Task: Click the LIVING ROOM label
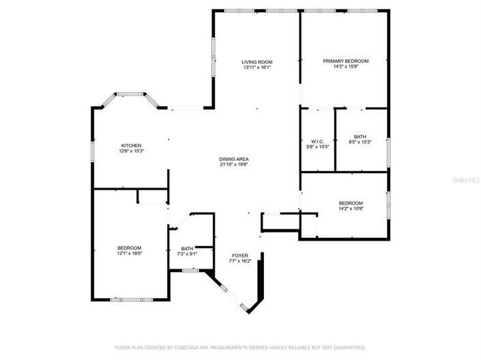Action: [257, 62]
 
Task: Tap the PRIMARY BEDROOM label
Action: [345, 61]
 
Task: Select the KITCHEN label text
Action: [131, 145]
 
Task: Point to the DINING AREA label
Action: [233, 159]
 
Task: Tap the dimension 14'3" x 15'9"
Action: [345, 67]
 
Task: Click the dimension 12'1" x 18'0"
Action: [129, 253]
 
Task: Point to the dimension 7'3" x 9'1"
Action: [187, 254]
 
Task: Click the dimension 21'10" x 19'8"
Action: [233, 164]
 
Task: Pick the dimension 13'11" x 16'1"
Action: [257, 67]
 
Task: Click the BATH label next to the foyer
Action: [187, 248]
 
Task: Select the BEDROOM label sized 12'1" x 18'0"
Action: [129, 247]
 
